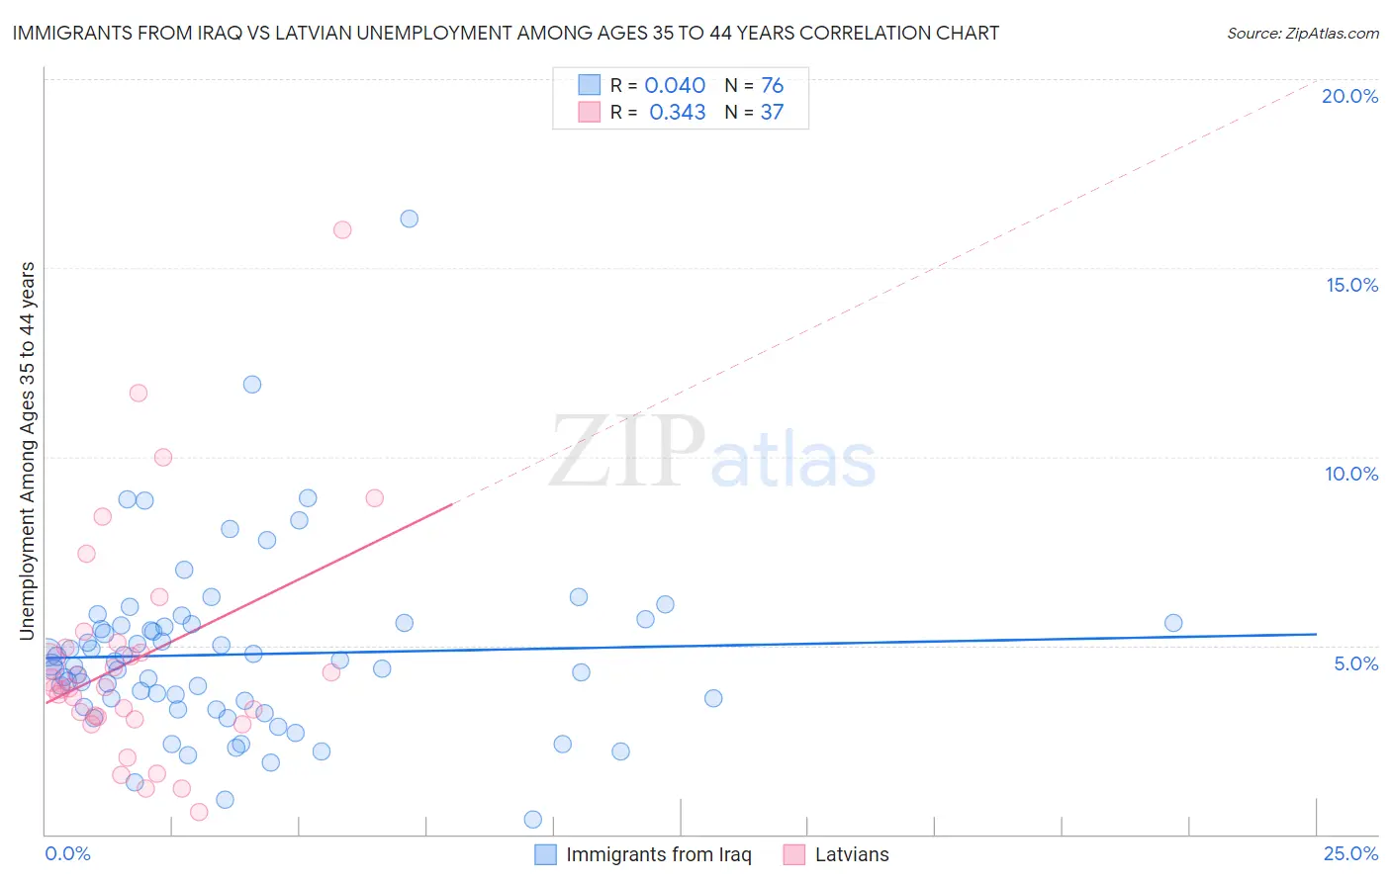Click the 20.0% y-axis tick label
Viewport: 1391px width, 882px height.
(1349, 96)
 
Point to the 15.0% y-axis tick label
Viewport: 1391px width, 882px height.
(1351, 285)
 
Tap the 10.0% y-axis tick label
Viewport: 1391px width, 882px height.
(1351, 474)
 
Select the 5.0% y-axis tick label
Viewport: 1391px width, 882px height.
(1355, 663)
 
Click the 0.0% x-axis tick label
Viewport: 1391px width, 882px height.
(67, 853)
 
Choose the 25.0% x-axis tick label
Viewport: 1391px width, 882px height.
(1350, 853)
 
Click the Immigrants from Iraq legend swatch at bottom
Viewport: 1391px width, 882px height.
(545, 854)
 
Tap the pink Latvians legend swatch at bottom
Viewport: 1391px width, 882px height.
(793, 854)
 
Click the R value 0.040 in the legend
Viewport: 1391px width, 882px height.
(675, 86)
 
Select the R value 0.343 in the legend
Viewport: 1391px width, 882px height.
(677, 113)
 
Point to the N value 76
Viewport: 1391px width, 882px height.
(772, 86)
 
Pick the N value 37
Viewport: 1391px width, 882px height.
(772, 113)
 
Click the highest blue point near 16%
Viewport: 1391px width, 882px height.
(409, 219)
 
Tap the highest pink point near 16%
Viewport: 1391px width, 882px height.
(342, 229)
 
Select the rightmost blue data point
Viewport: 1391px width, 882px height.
(1173, 623)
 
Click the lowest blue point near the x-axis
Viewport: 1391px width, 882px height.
(532, 820)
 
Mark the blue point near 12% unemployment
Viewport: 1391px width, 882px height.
(252, 385)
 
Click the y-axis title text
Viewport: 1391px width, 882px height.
(28, 451)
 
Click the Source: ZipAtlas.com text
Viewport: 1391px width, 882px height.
(1302, 34)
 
